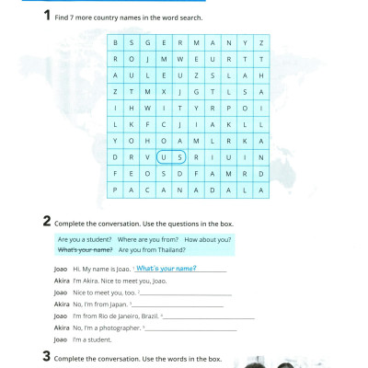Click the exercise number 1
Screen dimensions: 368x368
tap(47, 16)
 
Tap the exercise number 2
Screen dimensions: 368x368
tap(47, 222)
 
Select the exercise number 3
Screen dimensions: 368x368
tap(47, 357)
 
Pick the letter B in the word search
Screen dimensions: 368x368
tap(116, 43)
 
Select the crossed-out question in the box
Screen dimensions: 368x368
tap(85, 249)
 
